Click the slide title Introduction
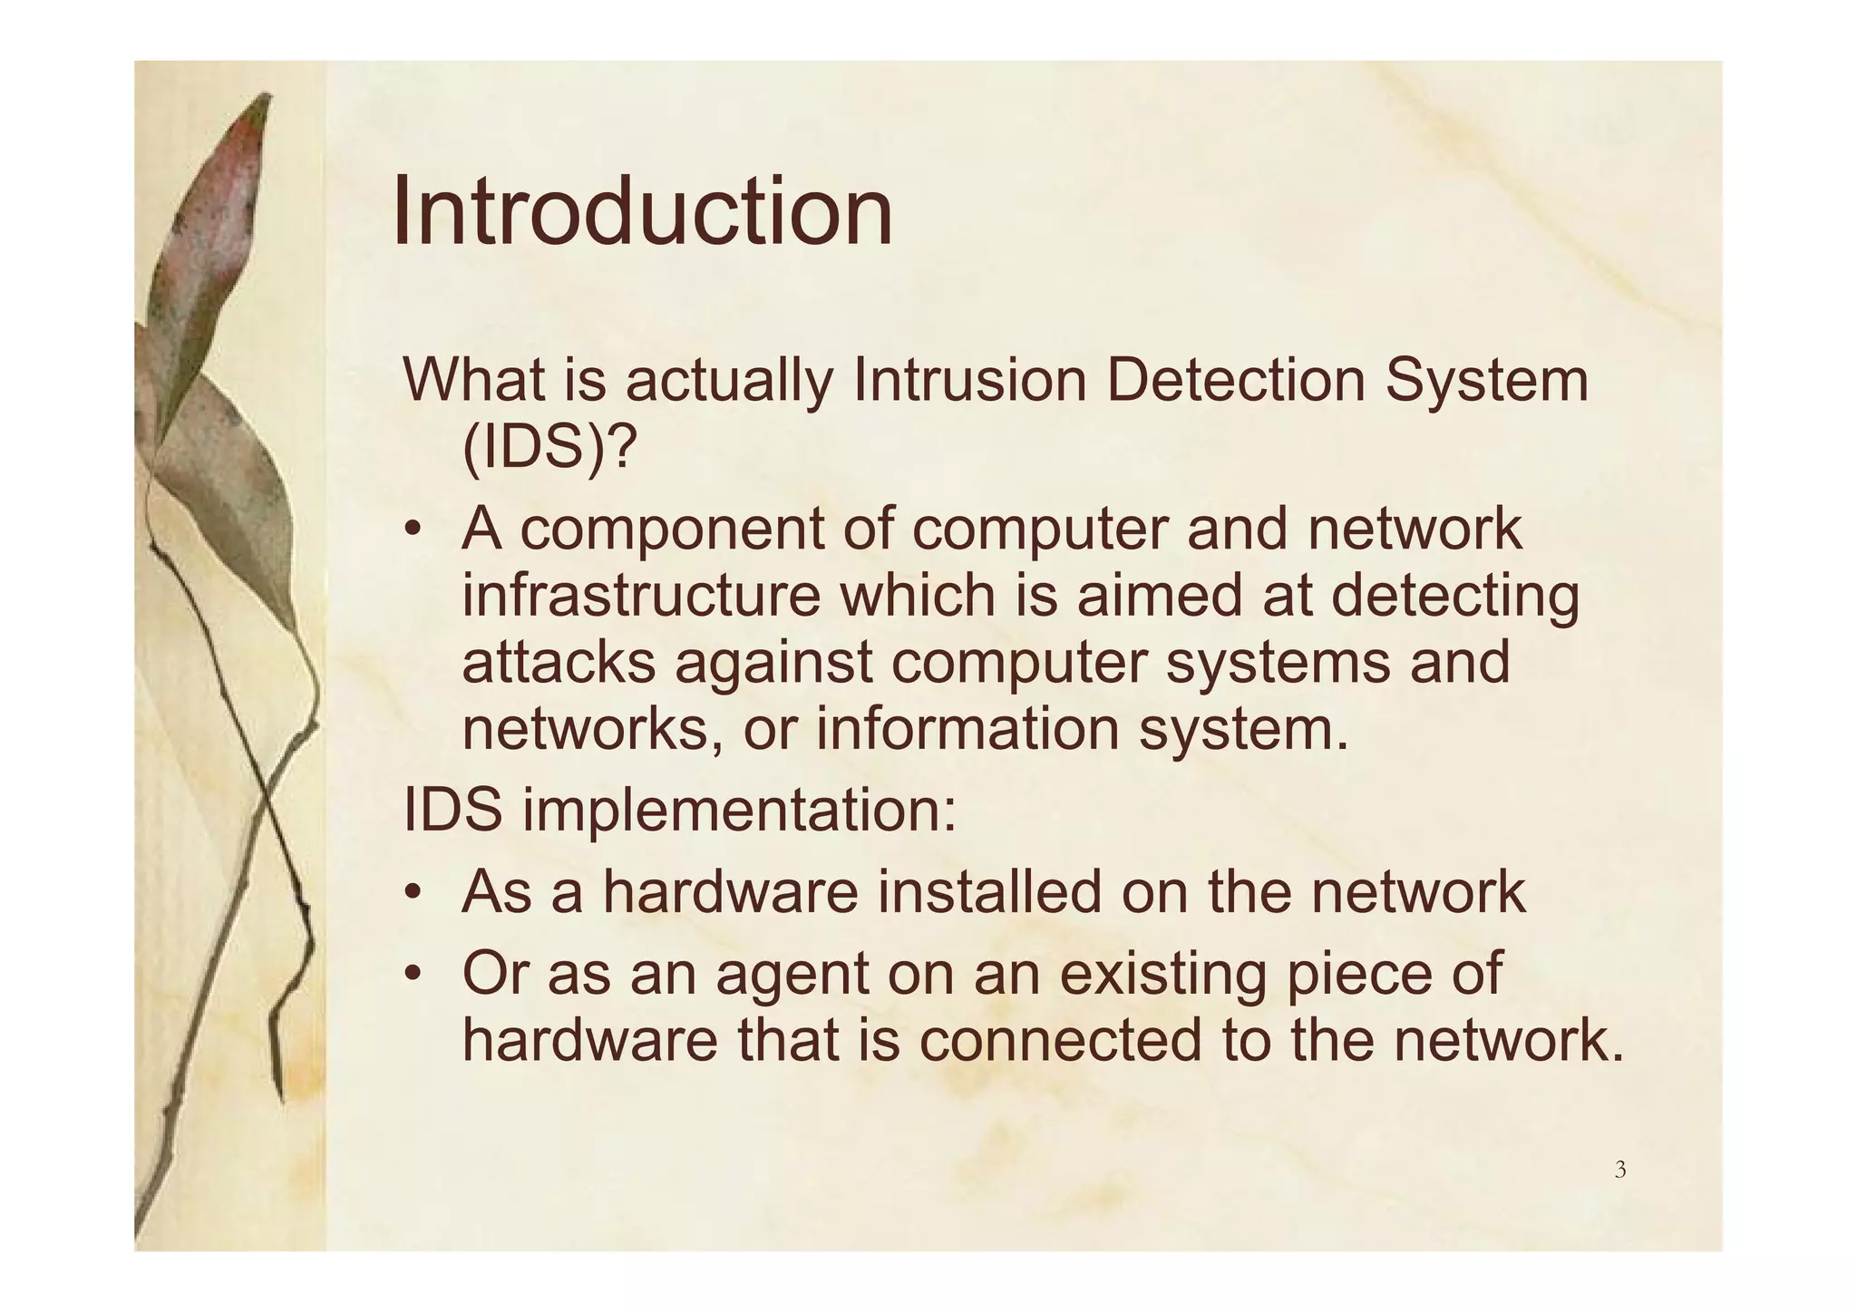pos(642,213)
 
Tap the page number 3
pos(1619,1170)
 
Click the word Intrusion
pos(969,381)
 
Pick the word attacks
pos(559,662)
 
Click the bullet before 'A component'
pos(413,530)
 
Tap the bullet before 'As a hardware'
pos(413,893)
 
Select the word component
pos(672,530)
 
